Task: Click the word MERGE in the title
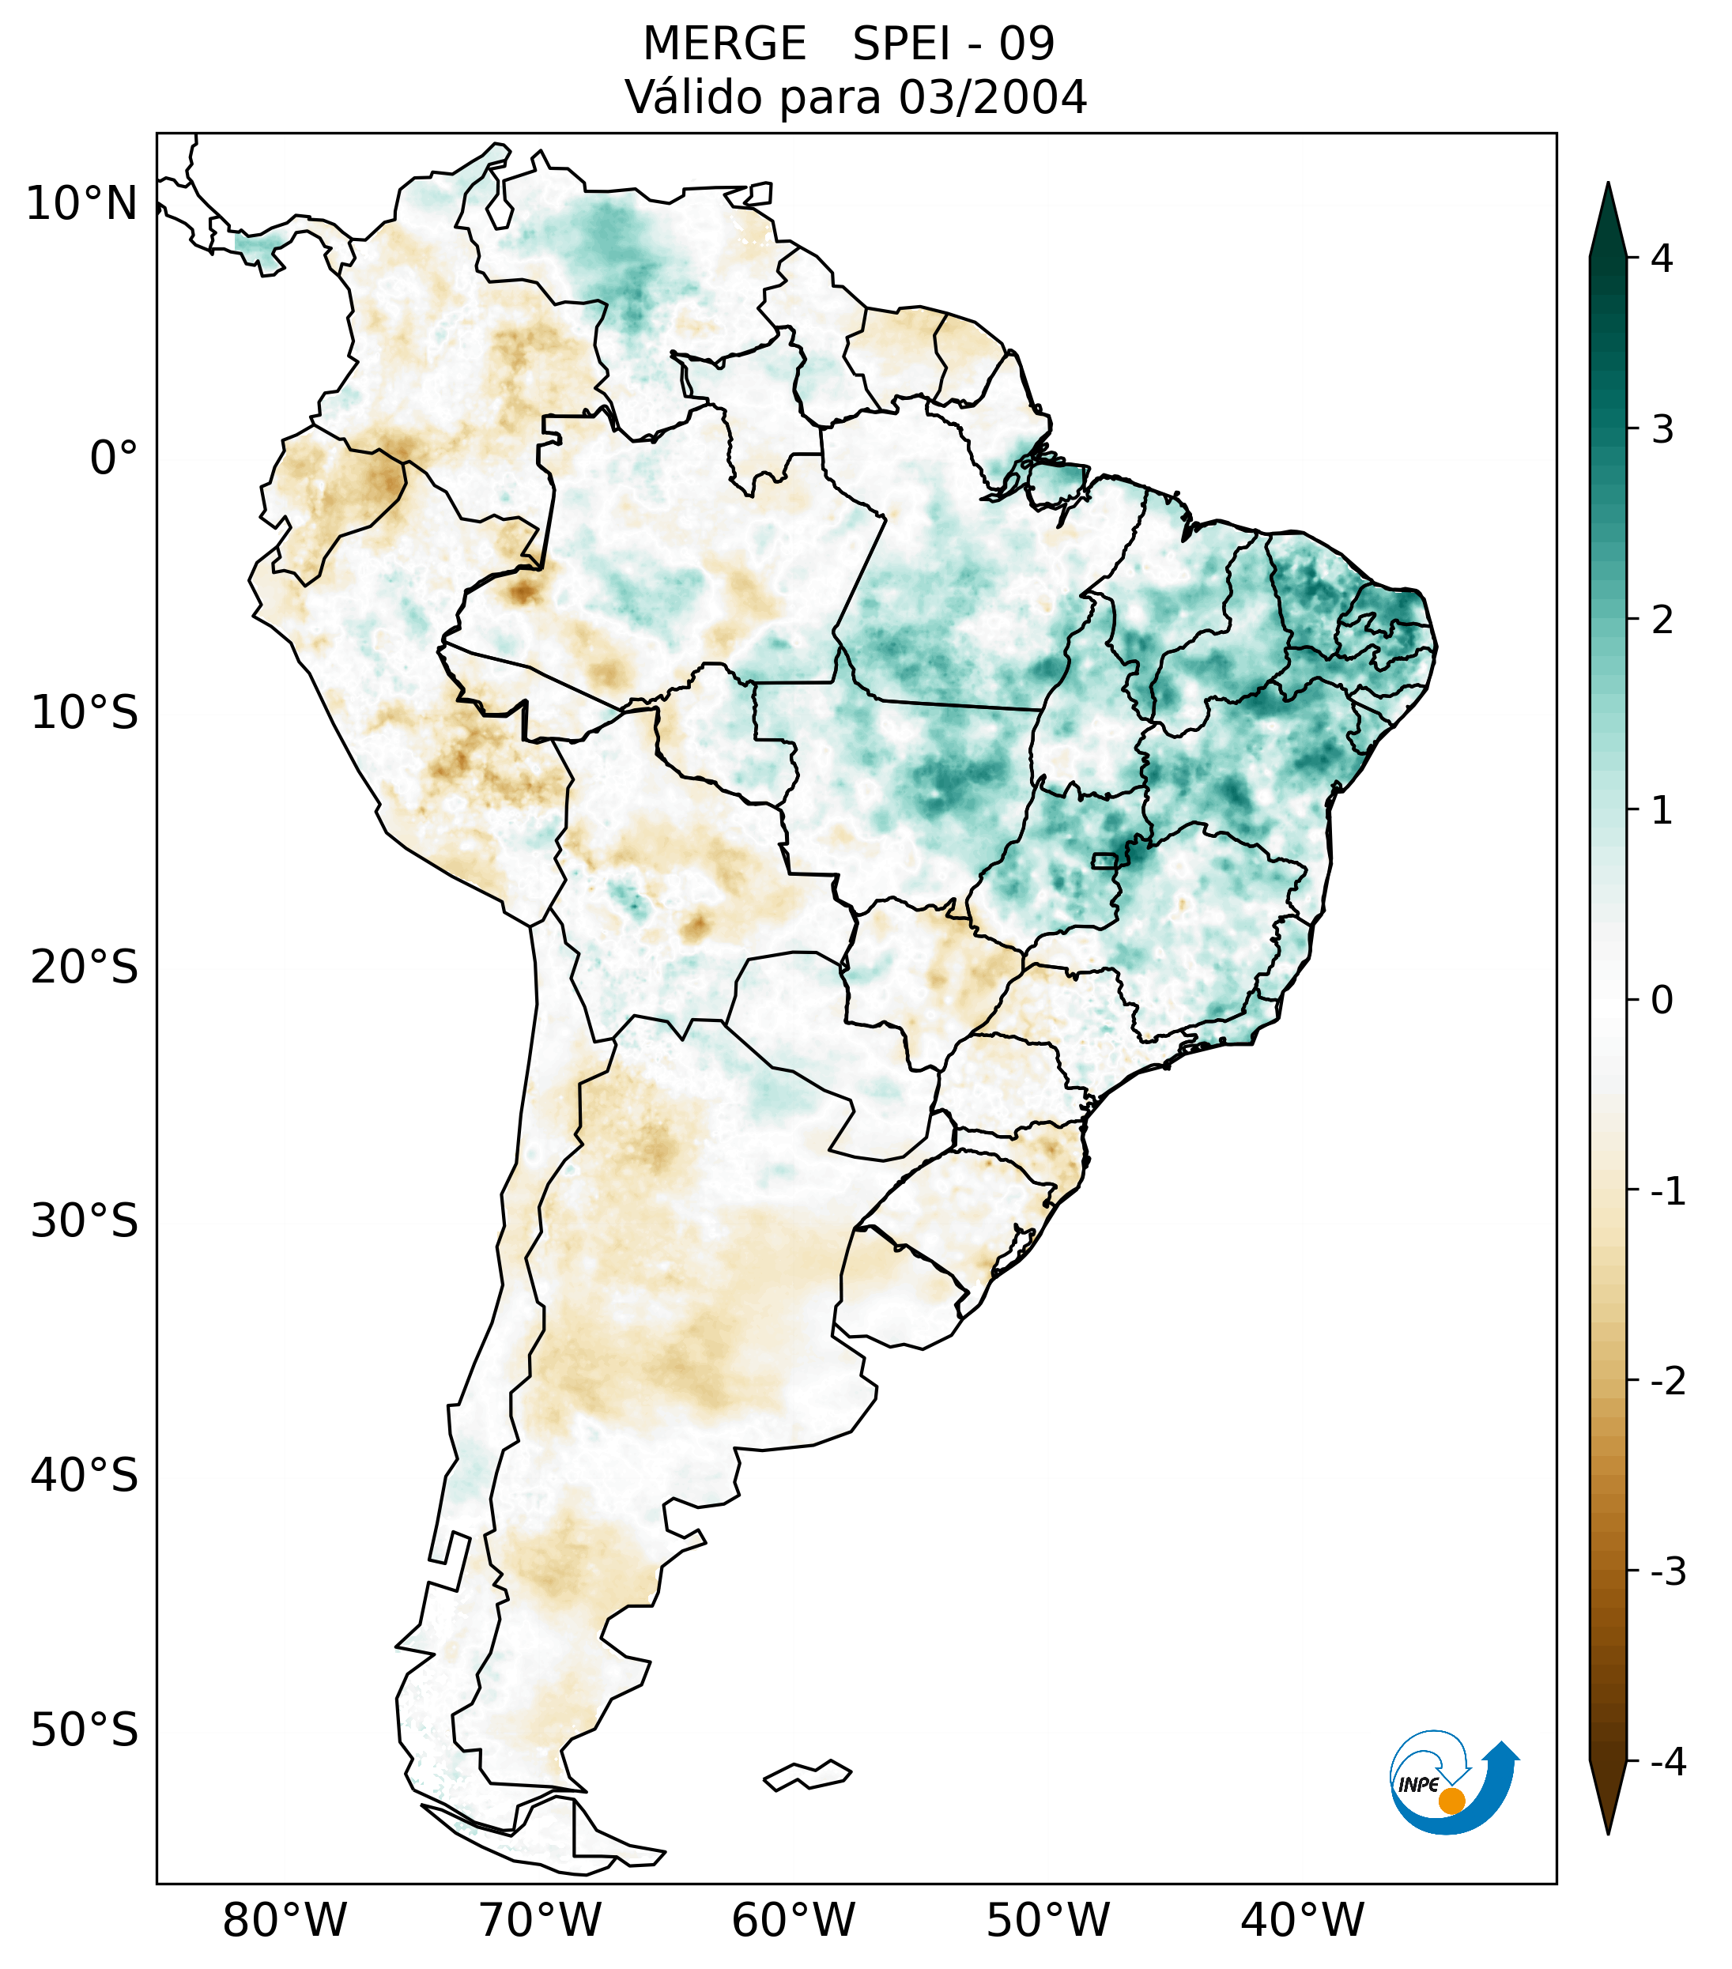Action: point(723,44)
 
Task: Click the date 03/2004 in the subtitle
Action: point(992,97)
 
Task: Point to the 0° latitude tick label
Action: point(114,458)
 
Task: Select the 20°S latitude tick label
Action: point(85,968)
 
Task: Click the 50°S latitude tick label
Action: point(85,1730)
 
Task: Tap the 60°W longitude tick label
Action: point(793,1920)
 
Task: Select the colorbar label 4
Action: point(1662,258)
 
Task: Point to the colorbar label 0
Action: point(1662,1001)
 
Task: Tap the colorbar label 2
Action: point(1662,620)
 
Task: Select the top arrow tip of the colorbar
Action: point(1607,186)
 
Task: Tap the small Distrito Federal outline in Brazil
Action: point(1104,860)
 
